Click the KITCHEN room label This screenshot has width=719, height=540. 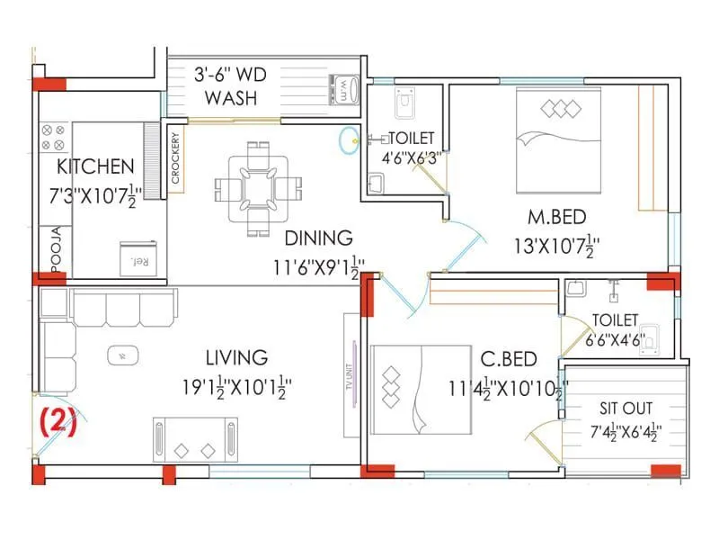pyautogui.click(x=95, y=166)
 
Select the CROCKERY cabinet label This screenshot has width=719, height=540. pyautogui.click(x=175, y=161)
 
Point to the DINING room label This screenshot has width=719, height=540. pyautogui.click(x=318, y=238)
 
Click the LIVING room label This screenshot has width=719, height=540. pyautogui.click(x=235, y=357)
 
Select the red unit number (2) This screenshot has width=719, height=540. pyautogui.click(x=58, y=421)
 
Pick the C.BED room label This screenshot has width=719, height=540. pyautogui.click(x=509, y=359)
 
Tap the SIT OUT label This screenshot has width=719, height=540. pyautogui.click(x=626, y=407)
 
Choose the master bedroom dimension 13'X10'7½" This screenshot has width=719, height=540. pyautogui.click(x=555, y=245)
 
